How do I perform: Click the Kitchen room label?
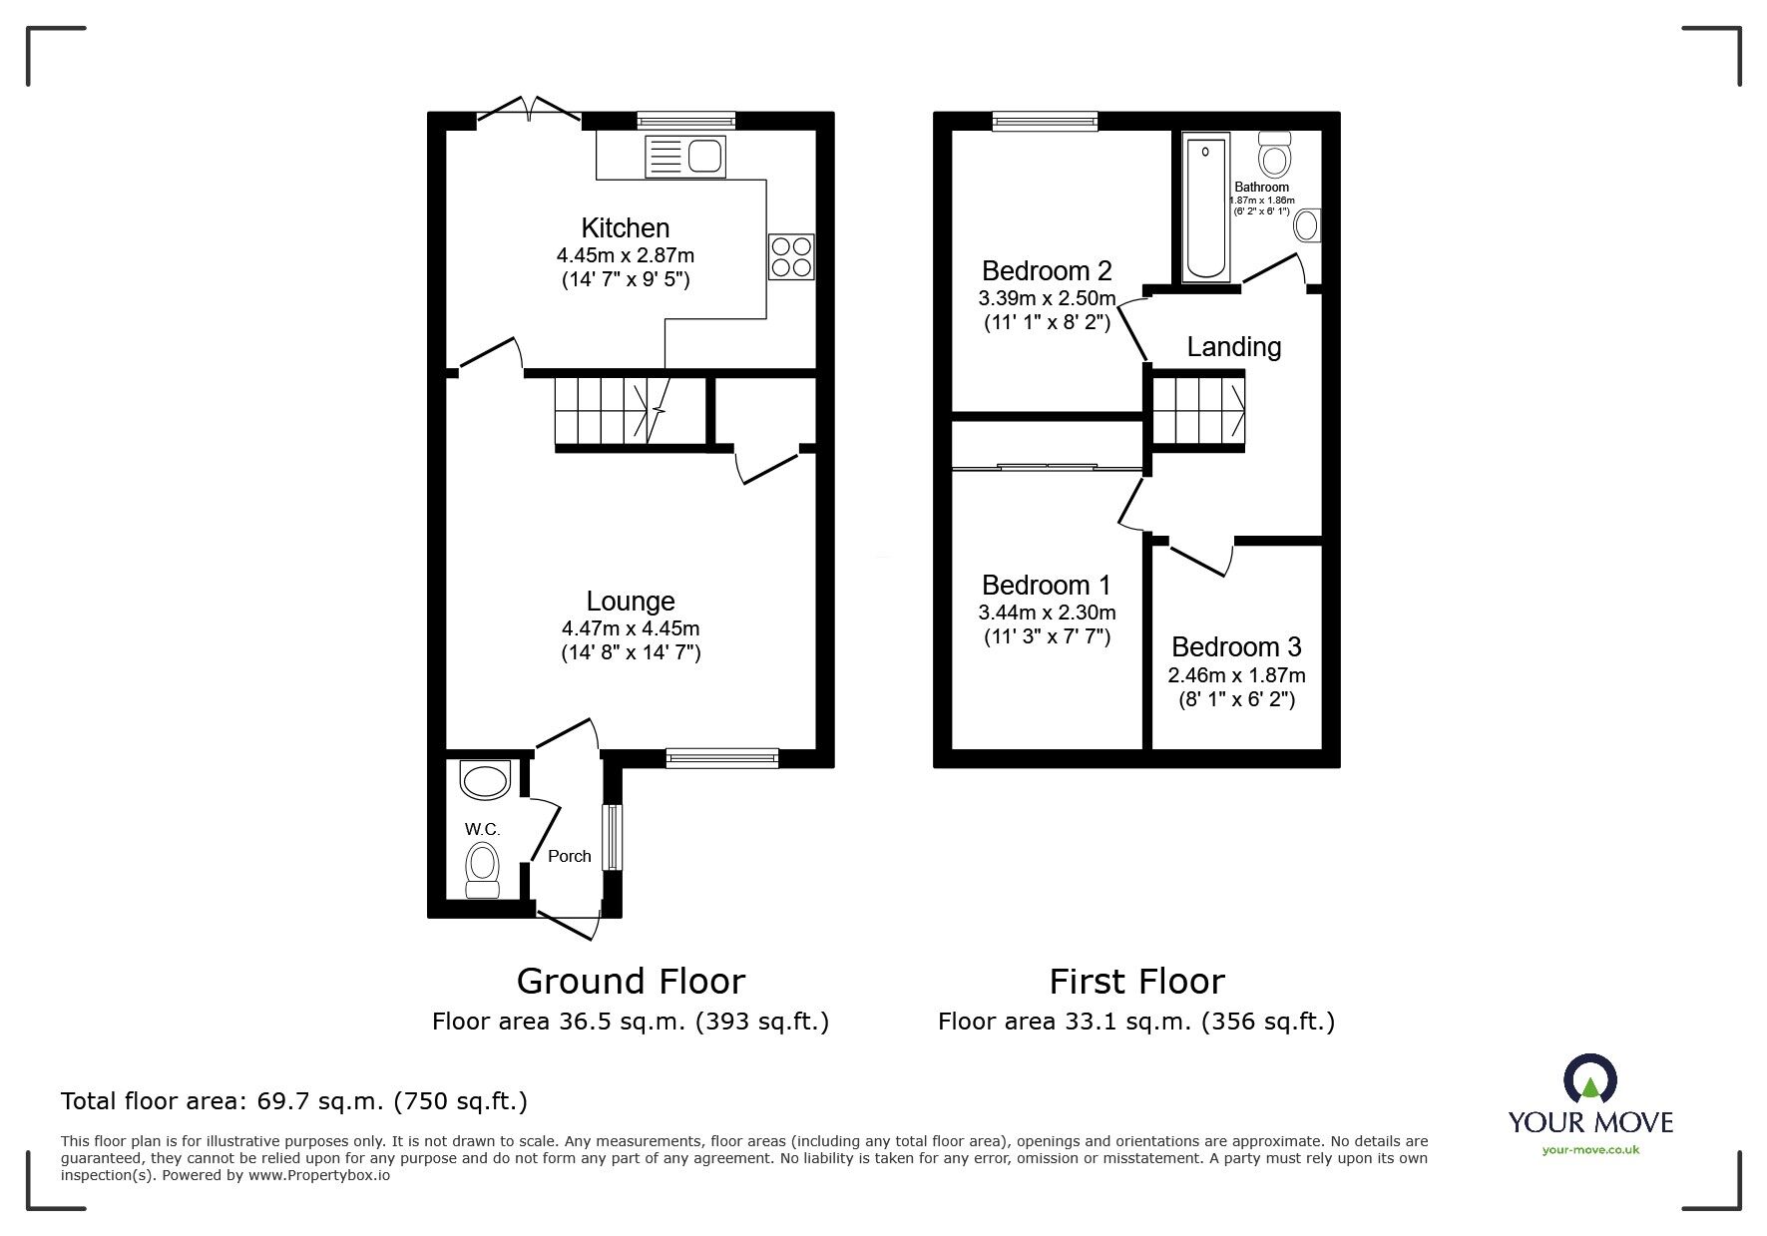(626, 227)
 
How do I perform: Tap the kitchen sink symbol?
(685, 157)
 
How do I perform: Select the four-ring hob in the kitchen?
(791, 256)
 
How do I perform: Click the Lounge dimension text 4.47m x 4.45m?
(630, 628)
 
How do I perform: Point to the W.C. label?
(482, 829)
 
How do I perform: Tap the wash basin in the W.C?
(486, 780)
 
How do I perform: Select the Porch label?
(569, 856)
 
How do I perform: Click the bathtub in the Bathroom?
(1205, 206)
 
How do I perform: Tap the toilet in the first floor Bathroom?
(1274, 155)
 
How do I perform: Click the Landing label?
(1233, 347)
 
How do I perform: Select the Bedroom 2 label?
(1046, 270)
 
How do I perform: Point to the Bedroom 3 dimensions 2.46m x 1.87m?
(1236, 675)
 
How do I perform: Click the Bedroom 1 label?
(1046, 585)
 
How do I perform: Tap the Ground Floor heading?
(631, 982)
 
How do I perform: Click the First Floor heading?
(1136, 982)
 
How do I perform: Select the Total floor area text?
(294, 1101)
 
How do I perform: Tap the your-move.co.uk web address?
(1590, 1150)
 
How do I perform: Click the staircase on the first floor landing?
(1198, 409)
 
